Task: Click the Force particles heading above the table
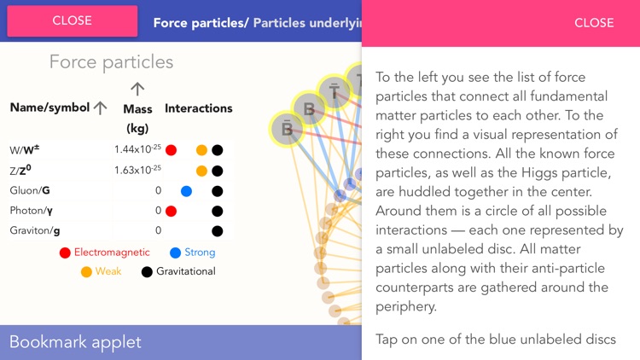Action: [x=111, y=62]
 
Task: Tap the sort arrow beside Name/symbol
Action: [x=100, y=108]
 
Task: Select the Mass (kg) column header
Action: [x=137, y=119]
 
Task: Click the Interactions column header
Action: [x=198, y=108]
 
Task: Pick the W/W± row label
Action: [x=25, y=150]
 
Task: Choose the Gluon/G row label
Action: [x=29, y=190]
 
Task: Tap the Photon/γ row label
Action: [x=32, y=211]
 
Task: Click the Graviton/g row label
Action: [x=35, y=230]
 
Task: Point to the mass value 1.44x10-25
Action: [x=137, y=149]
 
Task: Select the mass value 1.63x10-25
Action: [x=137, y=170]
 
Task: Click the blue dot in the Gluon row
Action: [x=186, y=191]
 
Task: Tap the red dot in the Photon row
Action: [x=171, y=211]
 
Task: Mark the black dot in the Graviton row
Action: [x=217, y=230]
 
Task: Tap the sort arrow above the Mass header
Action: [x=137, y=89]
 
